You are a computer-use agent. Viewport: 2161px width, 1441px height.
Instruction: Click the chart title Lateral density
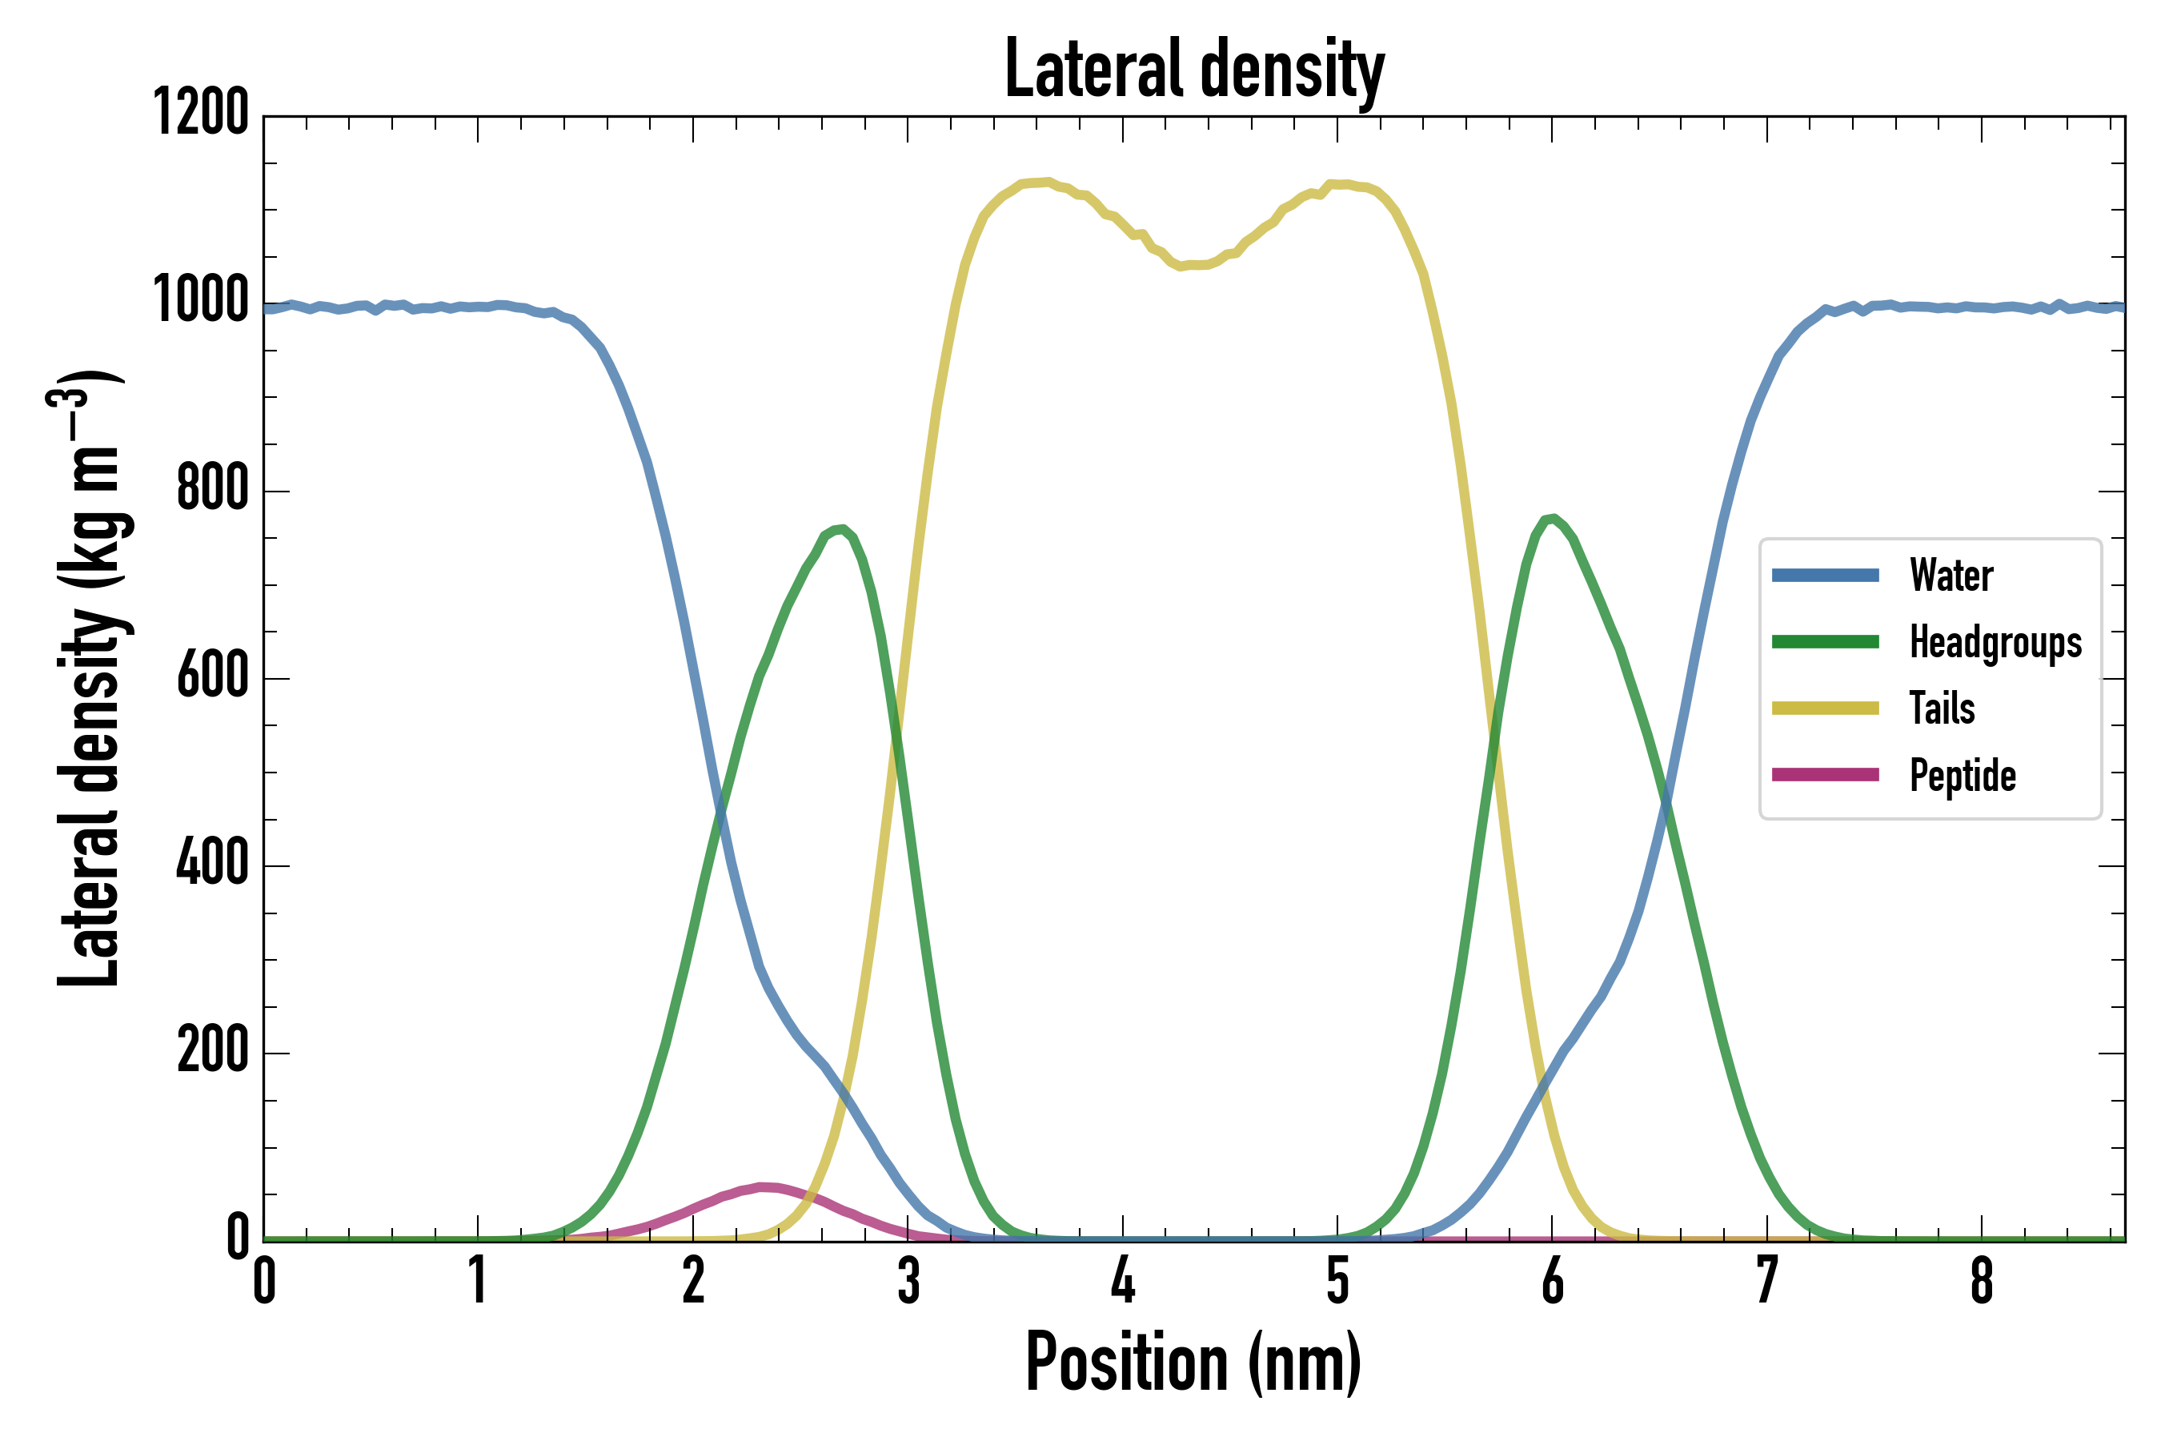coord(1194,69)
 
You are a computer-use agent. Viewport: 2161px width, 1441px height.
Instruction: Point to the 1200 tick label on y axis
coord(200,113)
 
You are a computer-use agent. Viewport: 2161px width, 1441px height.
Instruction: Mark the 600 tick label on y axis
coord(212,676)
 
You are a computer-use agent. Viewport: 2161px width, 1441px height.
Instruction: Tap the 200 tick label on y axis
coord(212,1050)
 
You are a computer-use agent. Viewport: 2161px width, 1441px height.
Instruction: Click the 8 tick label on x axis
coord(1981,1281)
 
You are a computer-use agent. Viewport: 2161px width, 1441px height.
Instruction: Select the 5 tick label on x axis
coord(1337,1281)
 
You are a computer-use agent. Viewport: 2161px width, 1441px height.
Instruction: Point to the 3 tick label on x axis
coord(908,1281)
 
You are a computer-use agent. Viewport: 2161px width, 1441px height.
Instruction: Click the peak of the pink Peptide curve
coord(764,1187)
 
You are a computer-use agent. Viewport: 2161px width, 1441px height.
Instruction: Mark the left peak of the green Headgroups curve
coord(840,529)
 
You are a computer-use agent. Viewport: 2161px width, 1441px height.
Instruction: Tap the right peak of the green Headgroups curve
coord(1552,520)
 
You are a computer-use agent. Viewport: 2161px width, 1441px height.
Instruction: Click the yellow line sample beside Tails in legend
coord(1825,708)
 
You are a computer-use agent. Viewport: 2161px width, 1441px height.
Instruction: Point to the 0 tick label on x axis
coord(265,1281)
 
